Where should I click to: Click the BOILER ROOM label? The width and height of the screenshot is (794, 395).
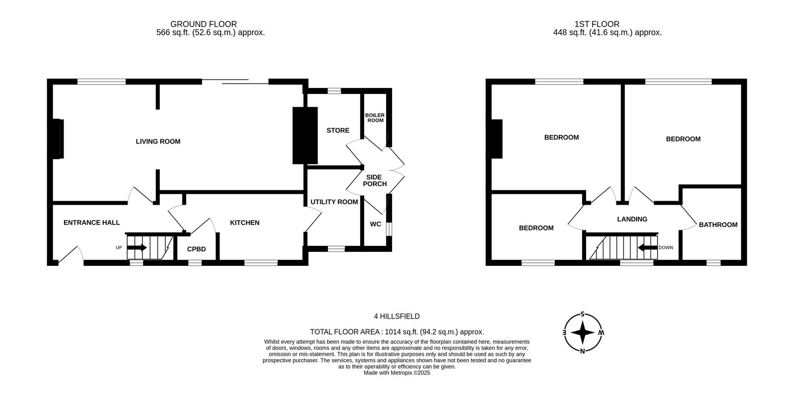pyautogui.click(x=375, y=118)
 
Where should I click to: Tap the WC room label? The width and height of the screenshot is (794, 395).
pyautogui.click(x=375, y=224)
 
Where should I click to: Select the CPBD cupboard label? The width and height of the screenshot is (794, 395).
pyautogui.click(x=197, y=249)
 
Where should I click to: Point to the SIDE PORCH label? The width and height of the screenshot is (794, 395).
pyautogui.click(x=375, y=181)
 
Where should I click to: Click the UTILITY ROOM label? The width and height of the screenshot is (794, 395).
pyautogui.click(x=334, y=202)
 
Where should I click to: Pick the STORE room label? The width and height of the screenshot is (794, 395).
pyautogui.click(x=338, y=131)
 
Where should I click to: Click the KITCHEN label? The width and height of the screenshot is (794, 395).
pyautogui.click(x=245, y=223)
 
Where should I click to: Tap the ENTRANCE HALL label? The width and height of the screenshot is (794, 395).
pyautogui.click(x=91, y=223)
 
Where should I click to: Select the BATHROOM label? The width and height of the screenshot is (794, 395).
pyautogui.click(x=718, y=225)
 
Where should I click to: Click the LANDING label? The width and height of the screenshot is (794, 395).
pyautogui.click(x=632, y=219)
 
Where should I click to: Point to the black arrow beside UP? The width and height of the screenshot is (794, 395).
pyautogui.click(x=137, y=247)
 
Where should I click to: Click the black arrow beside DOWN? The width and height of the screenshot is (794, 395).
pyautogui.click(x=648, y=247)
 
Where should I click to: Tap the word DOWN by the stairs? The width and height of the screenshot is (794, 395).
pyautogui.click(x=665, y=248)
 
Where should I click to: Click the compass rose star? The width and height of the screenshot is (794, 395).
pyautogui.click(x=583, y=333)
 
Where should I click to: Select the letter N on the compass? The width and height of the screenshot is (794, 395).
pyautogui.click(x=583, y=351)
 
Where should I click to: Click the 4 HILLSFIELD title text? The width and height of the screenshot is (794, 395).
pyautogui.click(x=397, y=316)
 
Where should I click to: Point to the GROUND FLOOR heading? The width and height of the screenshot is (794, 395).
pyautogui.click(x=203, y=24)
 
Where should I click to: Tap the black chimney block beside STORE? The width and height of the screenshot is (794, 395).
pyautogui.click(x=305, y=136)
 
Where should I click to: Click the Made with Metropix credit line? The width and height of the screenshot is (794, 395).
pyautogui.click(x=397, y=373)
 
